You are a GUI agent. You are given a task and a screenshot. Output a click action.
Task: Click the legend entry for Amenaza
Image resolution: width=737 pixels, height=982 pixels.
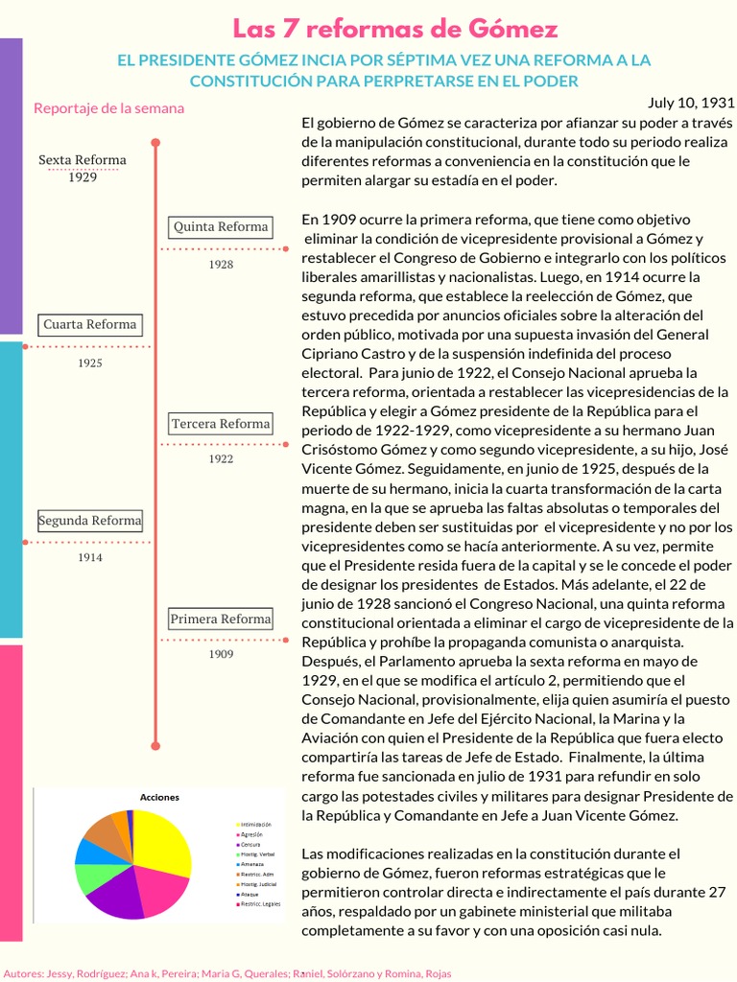click(x=252, y=864)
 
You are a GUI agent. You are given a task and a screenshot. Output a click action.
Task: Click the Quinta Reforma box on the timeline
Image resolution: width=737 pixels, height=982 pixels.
click(x=221, y=227)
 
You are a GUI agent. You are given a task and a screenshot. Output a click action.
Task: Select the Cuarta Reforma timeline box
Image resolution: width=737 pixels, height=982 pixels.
click(x=90, y=324)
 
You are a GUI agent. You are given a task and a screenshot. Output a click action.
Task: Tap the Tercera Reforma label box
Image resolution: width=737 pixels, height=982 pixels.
click(x=221, y=424)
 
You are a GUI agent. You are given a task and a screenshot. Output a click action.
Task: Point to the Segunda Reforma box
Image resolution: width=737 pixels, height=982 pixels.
click(x=90, y=521)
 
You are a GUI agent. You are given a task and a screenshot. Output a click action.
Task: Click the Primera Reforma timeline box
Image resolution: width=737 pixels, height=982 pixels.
click(x=221, y=620)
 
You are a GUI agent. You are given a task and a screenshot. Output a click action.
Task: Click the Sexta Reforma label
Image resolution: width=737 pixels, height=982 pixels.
click(x=83, y=160)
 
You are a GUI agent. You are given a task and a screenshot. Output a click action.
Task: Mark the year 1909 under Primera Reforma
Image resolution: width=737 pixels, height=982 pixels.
click(x=221, y=654)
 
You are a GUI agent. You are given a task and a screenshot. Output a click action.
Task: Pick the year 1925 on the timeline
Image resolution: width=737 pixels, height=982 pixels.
click(x=90, y=363)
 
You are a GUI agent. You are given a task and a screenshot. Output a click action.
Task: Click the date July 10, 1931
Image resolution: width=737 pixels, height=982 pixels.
click(x=691, y=102)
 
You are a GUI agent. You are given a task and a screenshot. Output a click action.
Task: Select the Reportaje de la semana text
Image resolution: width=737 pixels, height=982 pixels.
click(x=108, y=108)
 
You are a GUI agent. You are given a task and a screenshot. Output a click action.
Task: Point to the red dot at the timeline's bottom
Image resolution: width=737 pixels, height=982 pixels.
click(x=155, y=744)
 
